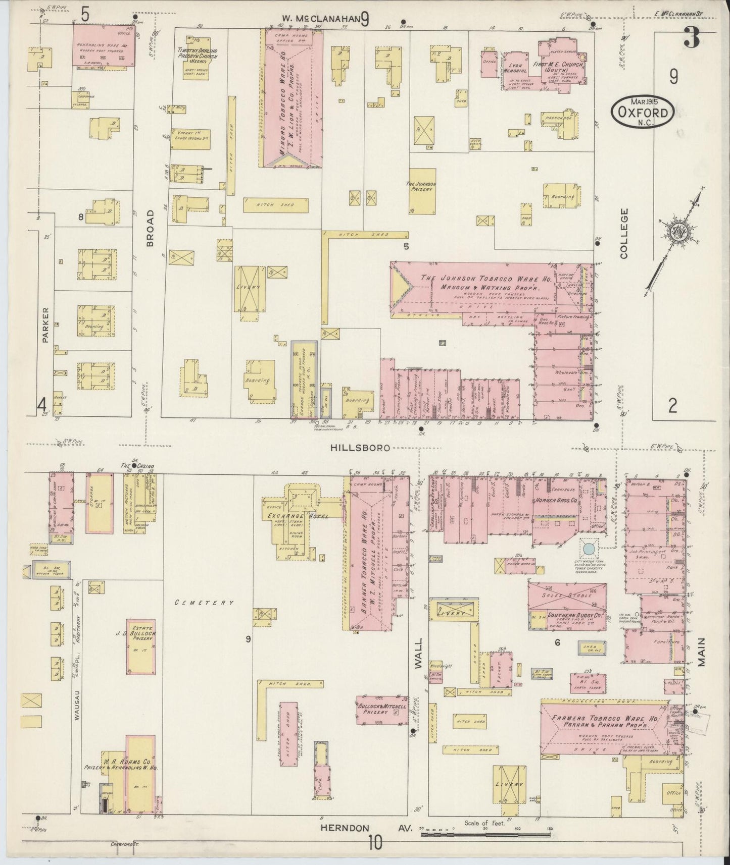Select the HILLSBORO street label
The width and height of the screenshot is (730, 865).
pyautogui.click(x=361, y=448)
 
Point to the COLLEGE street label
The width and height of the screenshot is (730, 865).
pyautogui.click(x=624, y=234)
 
